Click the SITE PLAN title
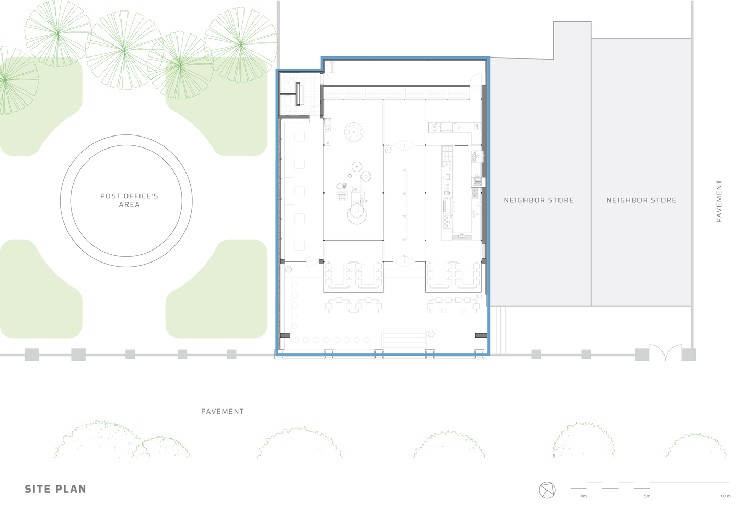(55, 489)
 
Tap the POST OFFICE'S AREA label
(130, 200)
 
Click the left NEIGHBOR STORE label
(539, 200)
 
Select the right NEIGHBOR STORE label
(641, 200)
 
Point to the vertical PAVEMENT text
(719, 201)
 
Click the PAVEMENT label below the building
(223, 412)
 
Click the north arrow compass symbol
(547, 490)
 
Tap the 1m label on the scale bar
(584, 496)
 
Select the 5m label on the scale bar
(647, 496)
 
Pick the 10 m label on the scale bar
(726, 496)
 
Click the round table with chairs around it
(354, 132)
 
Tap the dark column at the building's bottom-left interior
(285, 336)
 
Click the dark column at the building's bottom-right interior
(481, 336)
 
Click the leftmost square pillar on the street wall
(31, 355)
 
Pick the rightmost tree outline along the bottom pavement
(696, 446)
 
